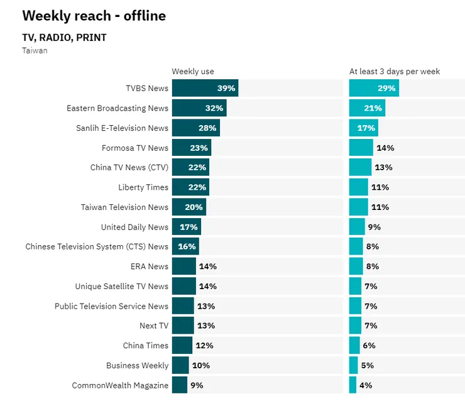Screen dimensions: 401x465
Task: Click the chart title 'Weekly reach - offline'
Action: coord(94,16)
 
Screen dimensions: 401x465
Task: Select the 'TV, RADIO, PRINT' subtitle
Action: coord(64,38)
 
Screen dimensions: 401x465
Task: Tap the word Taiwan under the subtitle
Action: coord(35,50)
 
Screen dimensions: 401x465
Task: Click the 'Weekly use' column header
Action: coord(193,72)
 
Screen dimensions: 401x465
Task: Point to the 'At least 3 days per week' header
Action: coord(395,72)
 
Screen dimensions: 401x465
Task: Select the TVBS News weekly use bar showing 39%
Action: coord(205,89)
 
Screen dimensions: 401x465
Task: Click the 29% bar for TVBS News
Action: coord(374,89)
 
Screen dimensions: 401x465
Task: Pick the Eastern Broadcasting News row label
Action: coord(118,108)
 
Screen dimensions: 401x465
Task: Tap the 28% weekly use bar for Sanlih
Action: coord(195,128)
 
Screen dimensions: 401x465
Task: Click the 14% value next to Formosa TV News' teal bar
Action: coord(385,148)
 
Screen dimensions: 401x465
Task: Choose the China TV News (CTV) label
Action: coord(129,168)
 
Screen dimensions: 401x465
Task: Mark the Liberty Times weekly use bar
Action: coord(190,187)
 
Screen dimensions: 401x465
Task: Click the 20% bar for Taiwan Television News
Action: coord(189,207)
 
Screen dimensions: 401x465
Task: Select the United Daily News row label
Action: coord(134,227)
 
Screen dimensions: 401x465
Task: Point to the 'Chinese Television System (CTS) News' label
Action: coord(97,247)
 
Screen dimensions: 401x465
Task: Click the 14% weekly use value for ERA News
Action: coord(207,266)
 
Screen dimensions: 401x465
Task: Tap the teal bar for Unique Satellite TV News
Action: coord(355,287)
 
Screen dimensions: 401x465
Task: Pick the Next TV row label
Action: coord(154,326)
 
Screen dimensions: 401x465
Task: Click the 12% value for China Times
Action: coord(204,346)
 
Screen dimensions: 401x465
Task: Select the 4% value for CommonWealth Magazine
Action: coord(366,385)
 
